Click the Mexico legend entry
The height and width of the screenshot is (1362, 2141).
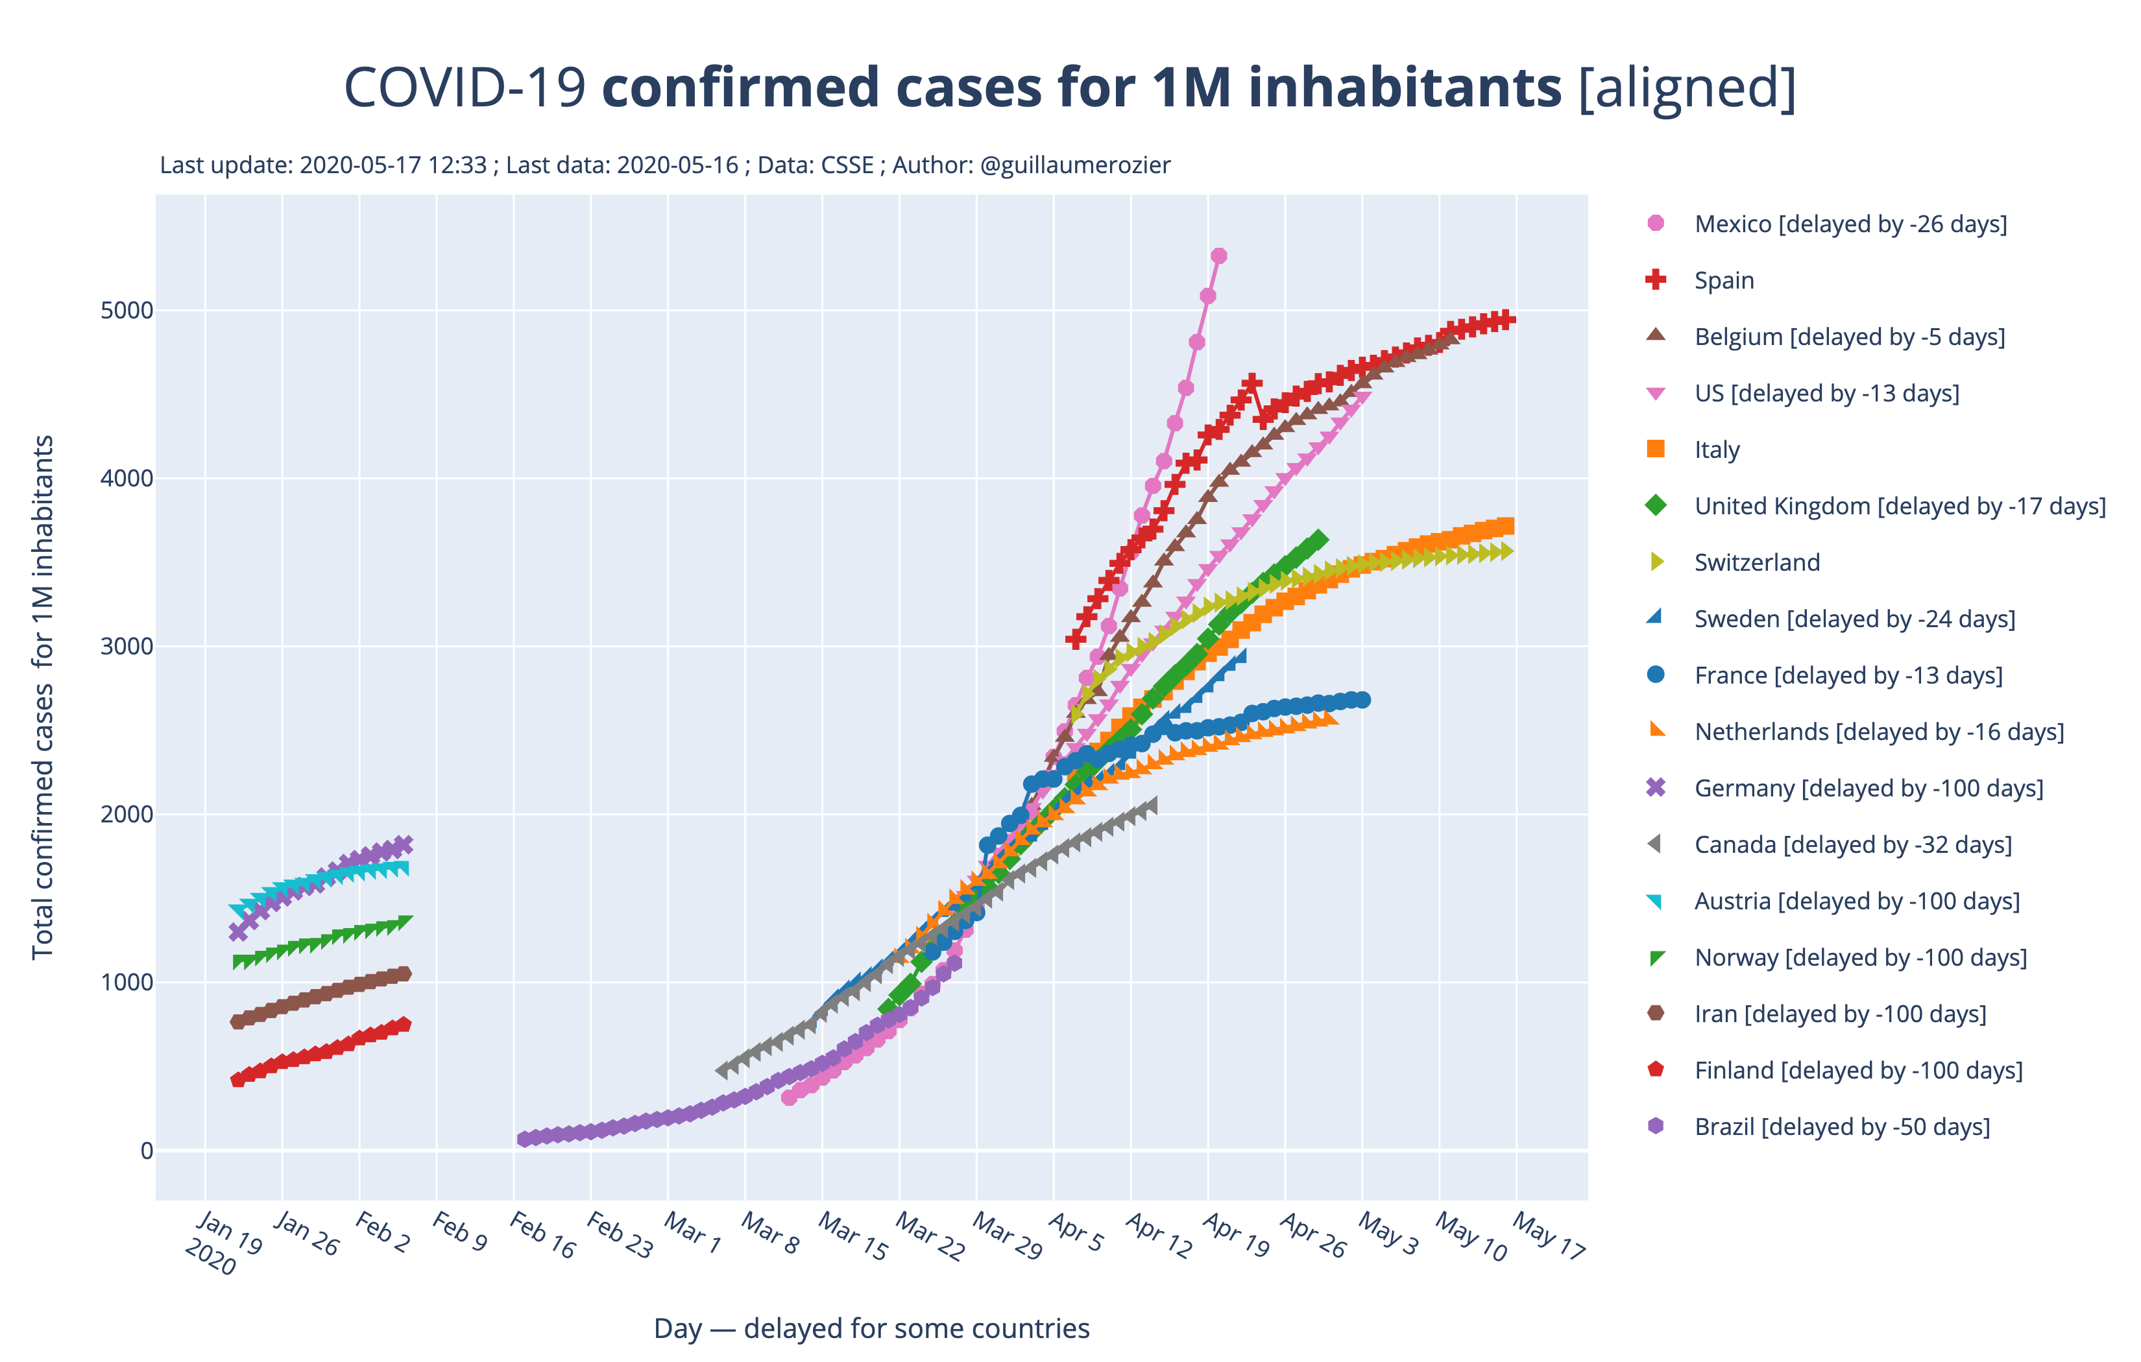click(x=1849, y=224)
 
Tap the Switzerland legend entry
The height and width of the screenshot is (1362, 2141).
click(x=1756, y=563)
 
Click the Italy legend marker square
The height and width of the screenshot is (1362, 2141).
click(x=1656, y=449)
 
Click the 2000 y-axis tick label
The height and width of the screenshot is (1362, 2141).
click(x=128, y=815)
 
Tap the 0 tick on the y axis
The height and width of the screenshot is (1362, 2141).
click(x=147, y=1151)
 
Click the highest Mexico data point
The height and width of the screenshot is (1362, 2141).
click(x=1219, y=256)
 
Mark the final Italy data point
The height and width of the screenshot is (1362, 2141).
click(x=1506, y=526)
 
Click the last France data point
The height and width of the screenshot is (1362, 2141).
click(x=1363, y=700)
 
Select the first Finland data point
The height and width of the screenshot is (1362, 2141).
click(x=237, y=1079)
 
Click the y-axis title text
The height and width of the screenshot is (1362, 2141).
click(x=43, y=697)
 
